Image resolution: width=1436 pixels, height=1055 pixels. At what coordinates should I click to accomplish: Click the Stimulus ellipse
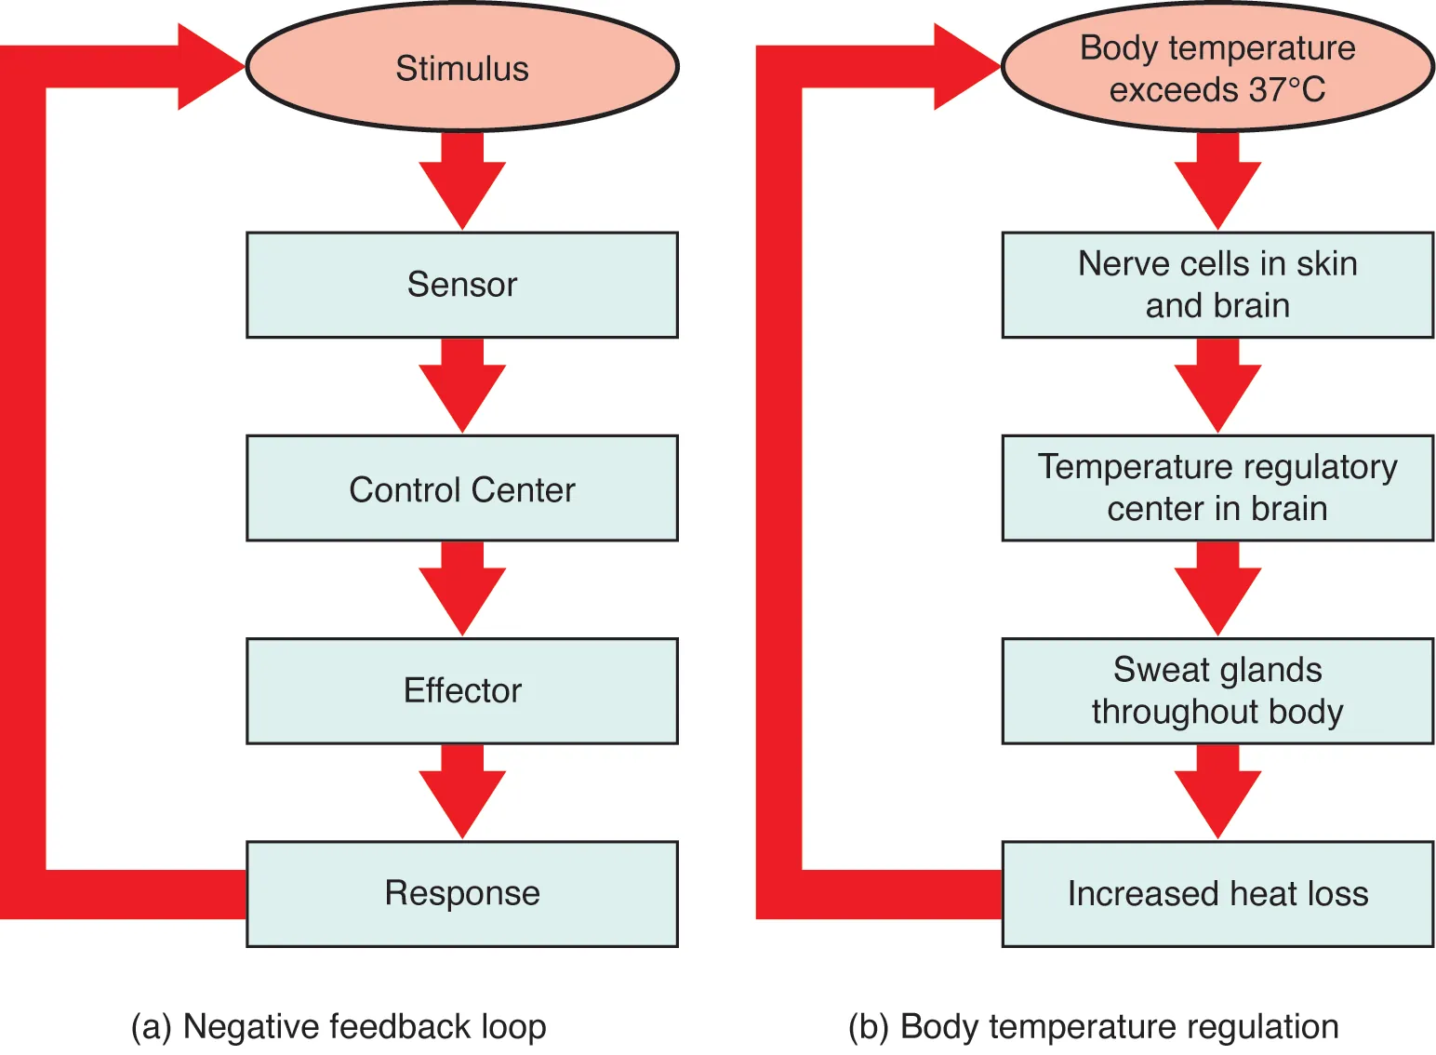(x=462, y=67)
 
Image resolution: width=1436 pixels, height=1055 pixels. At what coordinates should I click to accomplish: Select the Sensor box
(x=462, y=285)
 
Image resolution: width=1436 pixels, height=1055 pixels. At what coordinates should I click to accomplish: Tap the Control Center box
(x=462, y=488)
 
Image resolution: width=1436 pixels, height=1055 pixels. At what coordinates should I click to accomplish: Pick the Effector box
(x=462, y=690)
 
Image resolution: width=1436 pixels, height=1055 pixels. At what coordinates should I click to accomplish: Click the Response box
(x=462, y=893)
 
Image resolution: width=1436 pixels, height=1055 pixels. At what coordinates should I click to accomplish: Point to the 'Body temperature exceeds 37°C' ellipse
(x=1217, y=67)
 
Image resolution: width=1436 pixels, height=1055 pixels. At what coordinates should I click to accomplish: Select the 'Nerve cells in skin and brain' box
(x=1217, y=285)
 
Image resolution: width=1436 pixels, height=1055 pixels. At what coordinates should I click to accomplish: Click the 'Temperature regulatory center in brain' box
(x=1217, y=488)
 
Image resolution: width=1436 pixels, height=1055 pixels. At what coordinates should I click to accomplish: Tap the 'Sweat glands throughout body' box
(x=1217, y=690)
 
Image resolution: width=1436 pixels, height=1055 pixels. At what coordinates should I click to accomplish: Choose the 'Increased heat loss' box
(x=1217, y=893)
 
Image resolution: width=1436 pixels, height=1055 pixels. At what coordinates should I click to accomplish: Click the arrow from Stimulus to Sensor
(x=462, y=181)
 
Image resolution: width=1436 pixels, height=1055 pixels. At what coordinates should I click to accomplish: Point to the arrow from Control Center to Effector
(x=462, y=589)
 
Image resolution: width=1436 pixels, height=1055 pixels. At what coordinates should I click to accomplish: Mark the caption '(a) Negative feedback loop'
(x=339, y=1026)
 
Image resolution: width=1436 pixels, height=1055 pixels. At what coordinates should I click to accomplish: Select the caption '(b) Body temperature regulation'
(x=1094, y=1026)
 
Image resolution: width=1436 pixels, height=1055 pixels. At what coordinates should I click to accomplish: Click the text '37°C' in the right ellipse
(x=1287, y=90)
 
